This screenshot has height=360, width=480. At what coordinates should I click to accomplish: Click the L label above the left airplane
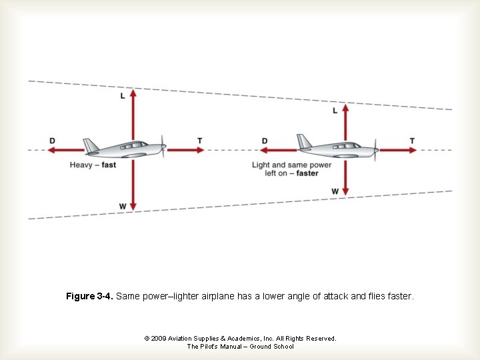click(x=122, y=96)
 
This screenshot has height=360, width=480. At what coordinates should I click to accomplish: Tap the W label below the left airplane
click(x=123, y=207)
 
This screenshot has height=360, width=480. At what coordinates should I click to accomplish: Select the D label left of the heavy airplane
click(x=52, y=141)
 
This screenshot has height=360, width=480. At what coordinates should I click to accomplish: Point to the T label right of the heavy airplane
click(x=199, y=141)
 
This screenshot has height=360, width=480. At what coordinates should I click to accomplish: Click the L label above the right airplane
click(x=335, y=111)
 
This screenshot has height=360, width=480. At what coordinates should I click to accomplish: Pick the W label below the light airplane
click(x=335, y=192)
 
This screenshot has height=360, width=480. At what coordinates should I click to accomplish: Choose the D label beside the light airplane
click(x=265, y=141)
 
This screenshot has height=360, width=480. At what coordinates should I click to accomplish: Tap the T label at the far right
click(x=412, y=141)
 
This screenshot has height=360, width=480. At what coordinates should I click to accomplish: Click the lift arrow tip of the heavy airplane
click(x=133, y=91)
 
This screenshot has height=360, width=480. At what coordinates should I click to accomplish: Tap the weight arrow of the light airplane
click(x=346, y=175)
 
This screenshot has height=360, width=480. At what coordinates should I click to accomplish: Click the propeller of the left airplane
click(x=163, y=147)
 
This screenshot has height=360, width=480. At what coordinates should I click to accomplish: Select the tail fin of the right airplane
click(x=304, y=141)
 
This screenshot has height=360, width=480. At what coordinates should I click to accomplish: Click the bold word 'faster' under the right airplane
click(x=307, y=173)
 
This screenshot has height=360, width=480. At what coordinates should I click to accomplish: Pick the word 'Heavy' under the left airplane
click(x=81, y=165)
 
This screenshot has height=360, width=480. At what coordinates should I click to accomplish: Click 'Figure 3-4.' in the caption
click(x=89, y=295)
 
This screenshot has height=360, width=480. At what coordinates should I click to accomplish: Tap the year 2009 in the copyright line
click(x=159, y=339)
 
